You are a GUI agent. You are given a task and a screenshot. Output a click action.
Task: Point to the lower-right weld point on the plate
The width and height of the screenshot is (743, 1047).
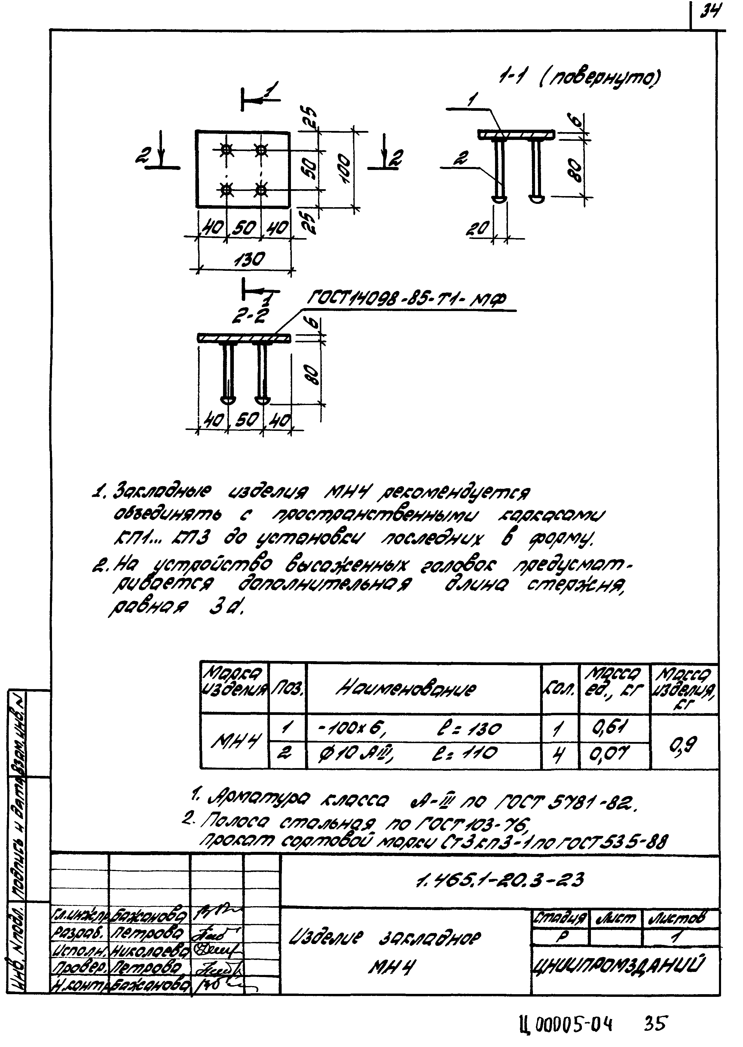pyautogui.click(x=261, y=189)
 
